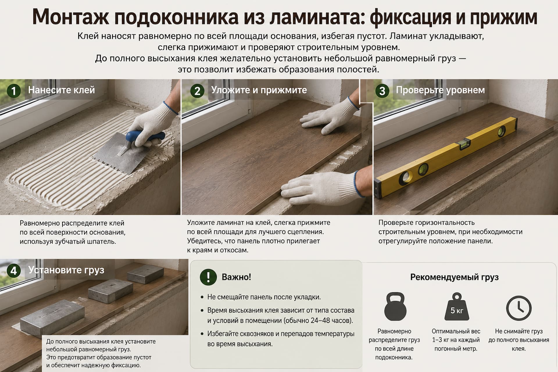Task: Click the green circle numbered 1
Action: pos(13,91)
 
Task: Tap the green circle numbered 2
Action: pos(197,91)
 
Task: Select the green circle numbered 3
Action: pos(382,91)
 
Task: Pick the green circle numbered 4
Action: pos(13,271)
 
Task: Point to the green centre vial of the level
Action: pos(465,143)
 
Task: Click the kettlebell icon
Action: pos(394,306)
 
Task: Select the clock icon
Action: pos(519,308)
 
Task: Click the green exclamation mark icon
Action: pos(208,277)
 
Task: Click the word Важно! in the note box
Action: pos(236,277)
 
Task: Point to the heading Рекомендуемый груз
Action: pos(454,277)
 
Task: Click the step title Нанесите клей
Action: pos(61,90)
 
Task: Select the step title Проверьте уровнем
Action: pos(440,90)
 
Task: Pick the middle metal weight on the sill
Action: pos(110,291)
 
